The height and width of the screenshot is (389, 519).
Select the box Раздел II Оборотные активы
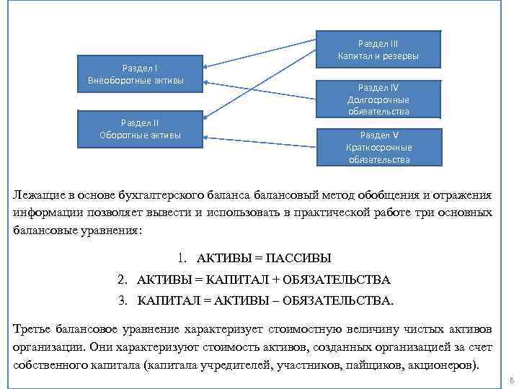[141, 129]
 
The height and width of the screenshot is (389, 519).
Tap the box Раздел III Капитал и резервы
[378, 50]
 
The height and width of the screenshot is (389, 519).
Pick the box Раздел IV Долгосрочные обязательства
[378, 99]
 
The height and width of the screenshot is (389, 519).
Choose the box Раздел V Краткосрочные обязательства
[378, 147]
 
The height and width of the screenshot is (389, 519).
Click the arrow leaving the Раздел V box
[259, 142]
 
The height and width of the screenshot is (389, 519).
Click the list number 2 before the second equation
[123, 279]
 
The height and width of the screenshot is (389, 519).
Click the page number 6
[510, 380]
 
